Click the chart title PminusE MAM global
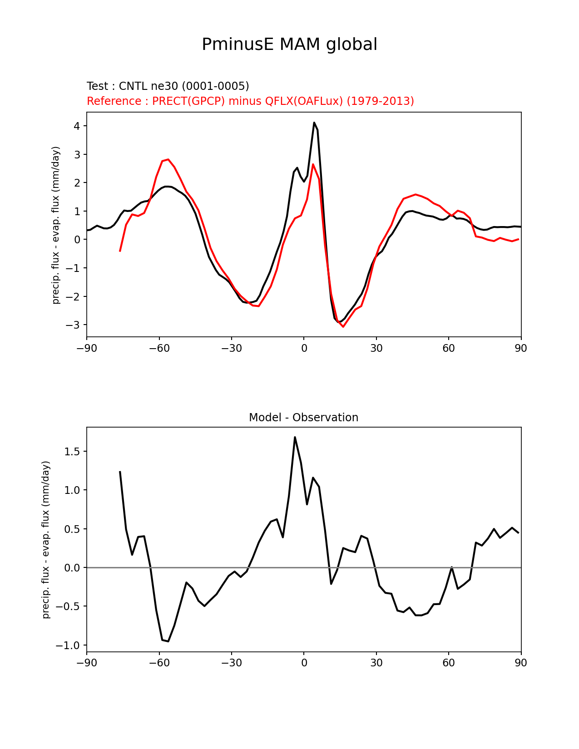pyautogui.click(x=289, y=44)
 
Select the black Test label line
pyautogui.click(x=168, y=86)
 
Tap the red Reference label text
pyautogui.click(x=250, y=101)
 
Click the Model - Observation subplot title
pyautogui.click(x=303, y=418)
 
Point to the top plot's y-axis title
pyautogui.click(x=56, y=225)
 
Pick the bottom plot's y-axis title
pyautogui.click(x=46, y=540)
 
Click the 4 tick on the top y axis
pyautogui.click(x=77, y=126)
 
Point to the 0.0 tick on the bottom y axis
pyautogui.click(x=72, y=568)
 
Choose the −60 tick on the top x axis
pyautogui.click(x=159, y=348)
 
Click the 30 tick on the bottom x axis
pyautogui.click(x=376, y=663)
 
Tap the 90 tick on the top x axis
pyautogui.click(x=521, y=348)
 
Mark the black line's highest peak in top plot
pyautogui.click(x=314, y=123)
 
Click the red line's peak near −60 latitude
pyautogui.click(x=168, y=159)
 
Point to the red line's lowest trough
pyautogui.click(x=343, y=326)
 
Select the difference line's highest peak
pyautogui.click(x=295, y=437)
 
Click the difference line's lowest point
pyautogui.click(x=168, y=641)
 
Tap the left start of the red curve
pyautogui.click(x=120, y=251)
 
